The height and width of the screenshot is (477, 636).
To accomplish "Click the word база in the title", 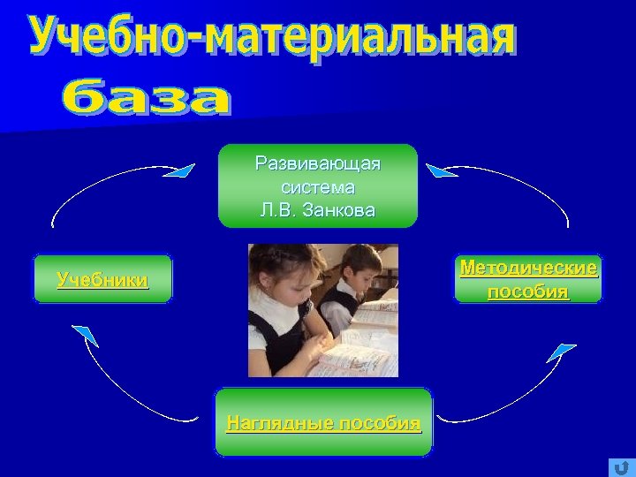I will (150, 99).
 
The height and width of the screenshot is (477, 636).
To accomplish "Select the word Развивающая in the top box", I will (317, 164).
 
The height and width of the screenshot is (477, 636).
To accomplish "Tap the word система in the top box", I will (318, 187).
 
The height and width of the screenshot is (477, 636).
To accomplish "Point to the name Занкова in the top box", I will (340, 210).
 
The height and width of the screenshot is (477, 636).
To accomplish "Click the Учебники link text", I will (102, 280).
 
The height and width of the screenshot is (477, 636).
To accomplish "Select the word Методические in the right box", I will (528, 268).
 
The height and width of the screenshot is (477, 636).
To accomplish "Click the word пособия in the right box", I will (528, 291).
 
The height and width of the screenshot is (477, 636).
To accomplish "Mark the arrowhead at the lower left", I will (85, 335).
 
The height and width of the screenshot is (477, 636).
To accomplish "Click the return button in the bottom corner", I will (622, 467).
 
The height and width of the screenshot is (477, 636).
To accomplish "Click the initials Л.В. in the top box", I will (281, 210).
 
